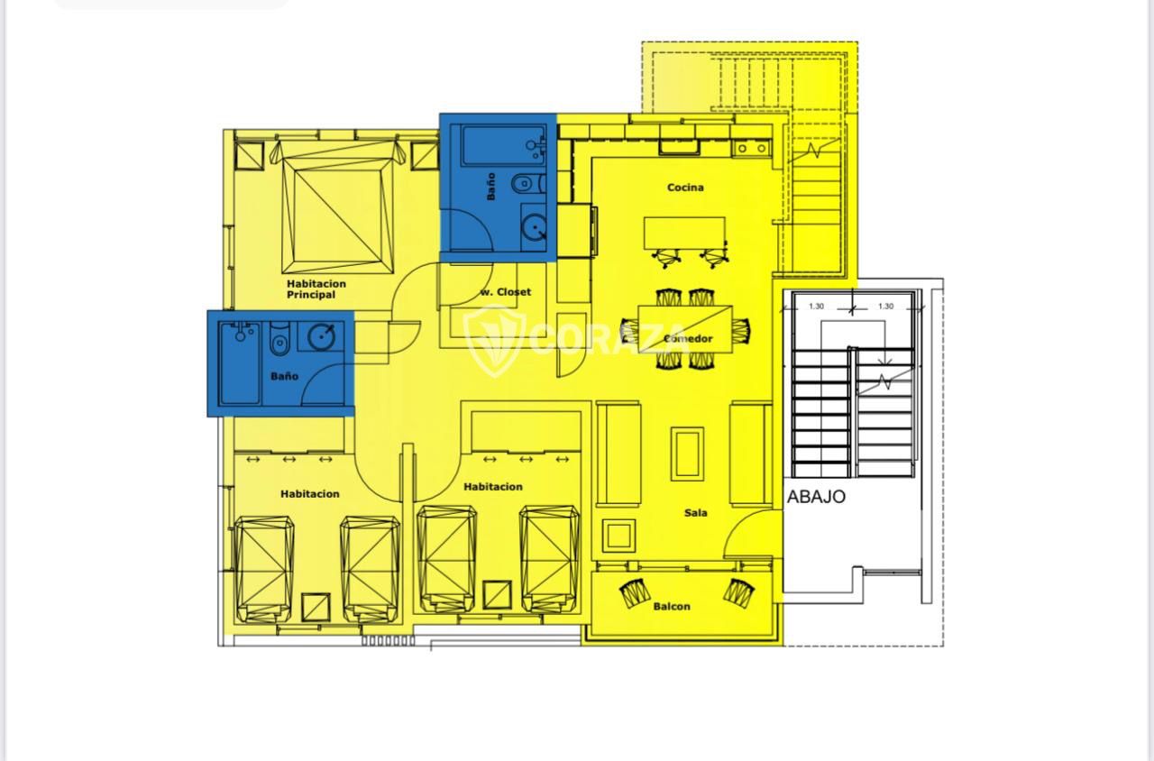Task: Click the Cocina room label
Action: (685, 188)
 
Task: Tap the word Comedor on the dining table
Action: (688, 338)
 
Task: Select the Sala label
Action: (695, 513)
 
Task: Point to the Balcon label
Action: (672, 607)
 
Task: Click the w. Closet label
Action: (506, 292)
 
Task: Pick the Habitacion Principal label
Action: (316, 289)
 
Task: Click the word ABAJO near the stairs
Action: (816, 497)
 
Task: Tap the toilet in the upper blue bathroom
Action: (528, 183)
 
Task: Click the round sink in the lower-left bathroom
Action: (321, 337)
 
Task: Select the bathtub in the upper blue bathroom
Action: (503, 146)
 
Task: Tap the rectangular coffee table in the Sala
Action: (687, 454)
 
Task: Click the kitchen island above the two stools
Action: (684, 233)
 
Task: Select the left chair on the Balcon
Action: (633, 593)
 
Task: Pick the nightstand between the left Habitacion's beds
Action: (316, 608)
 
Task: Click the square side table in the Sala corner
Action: (618, 536)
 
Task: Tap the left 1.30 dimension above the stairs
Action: (816, 307)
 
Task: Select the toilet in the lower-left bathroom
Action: (279, 340)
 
